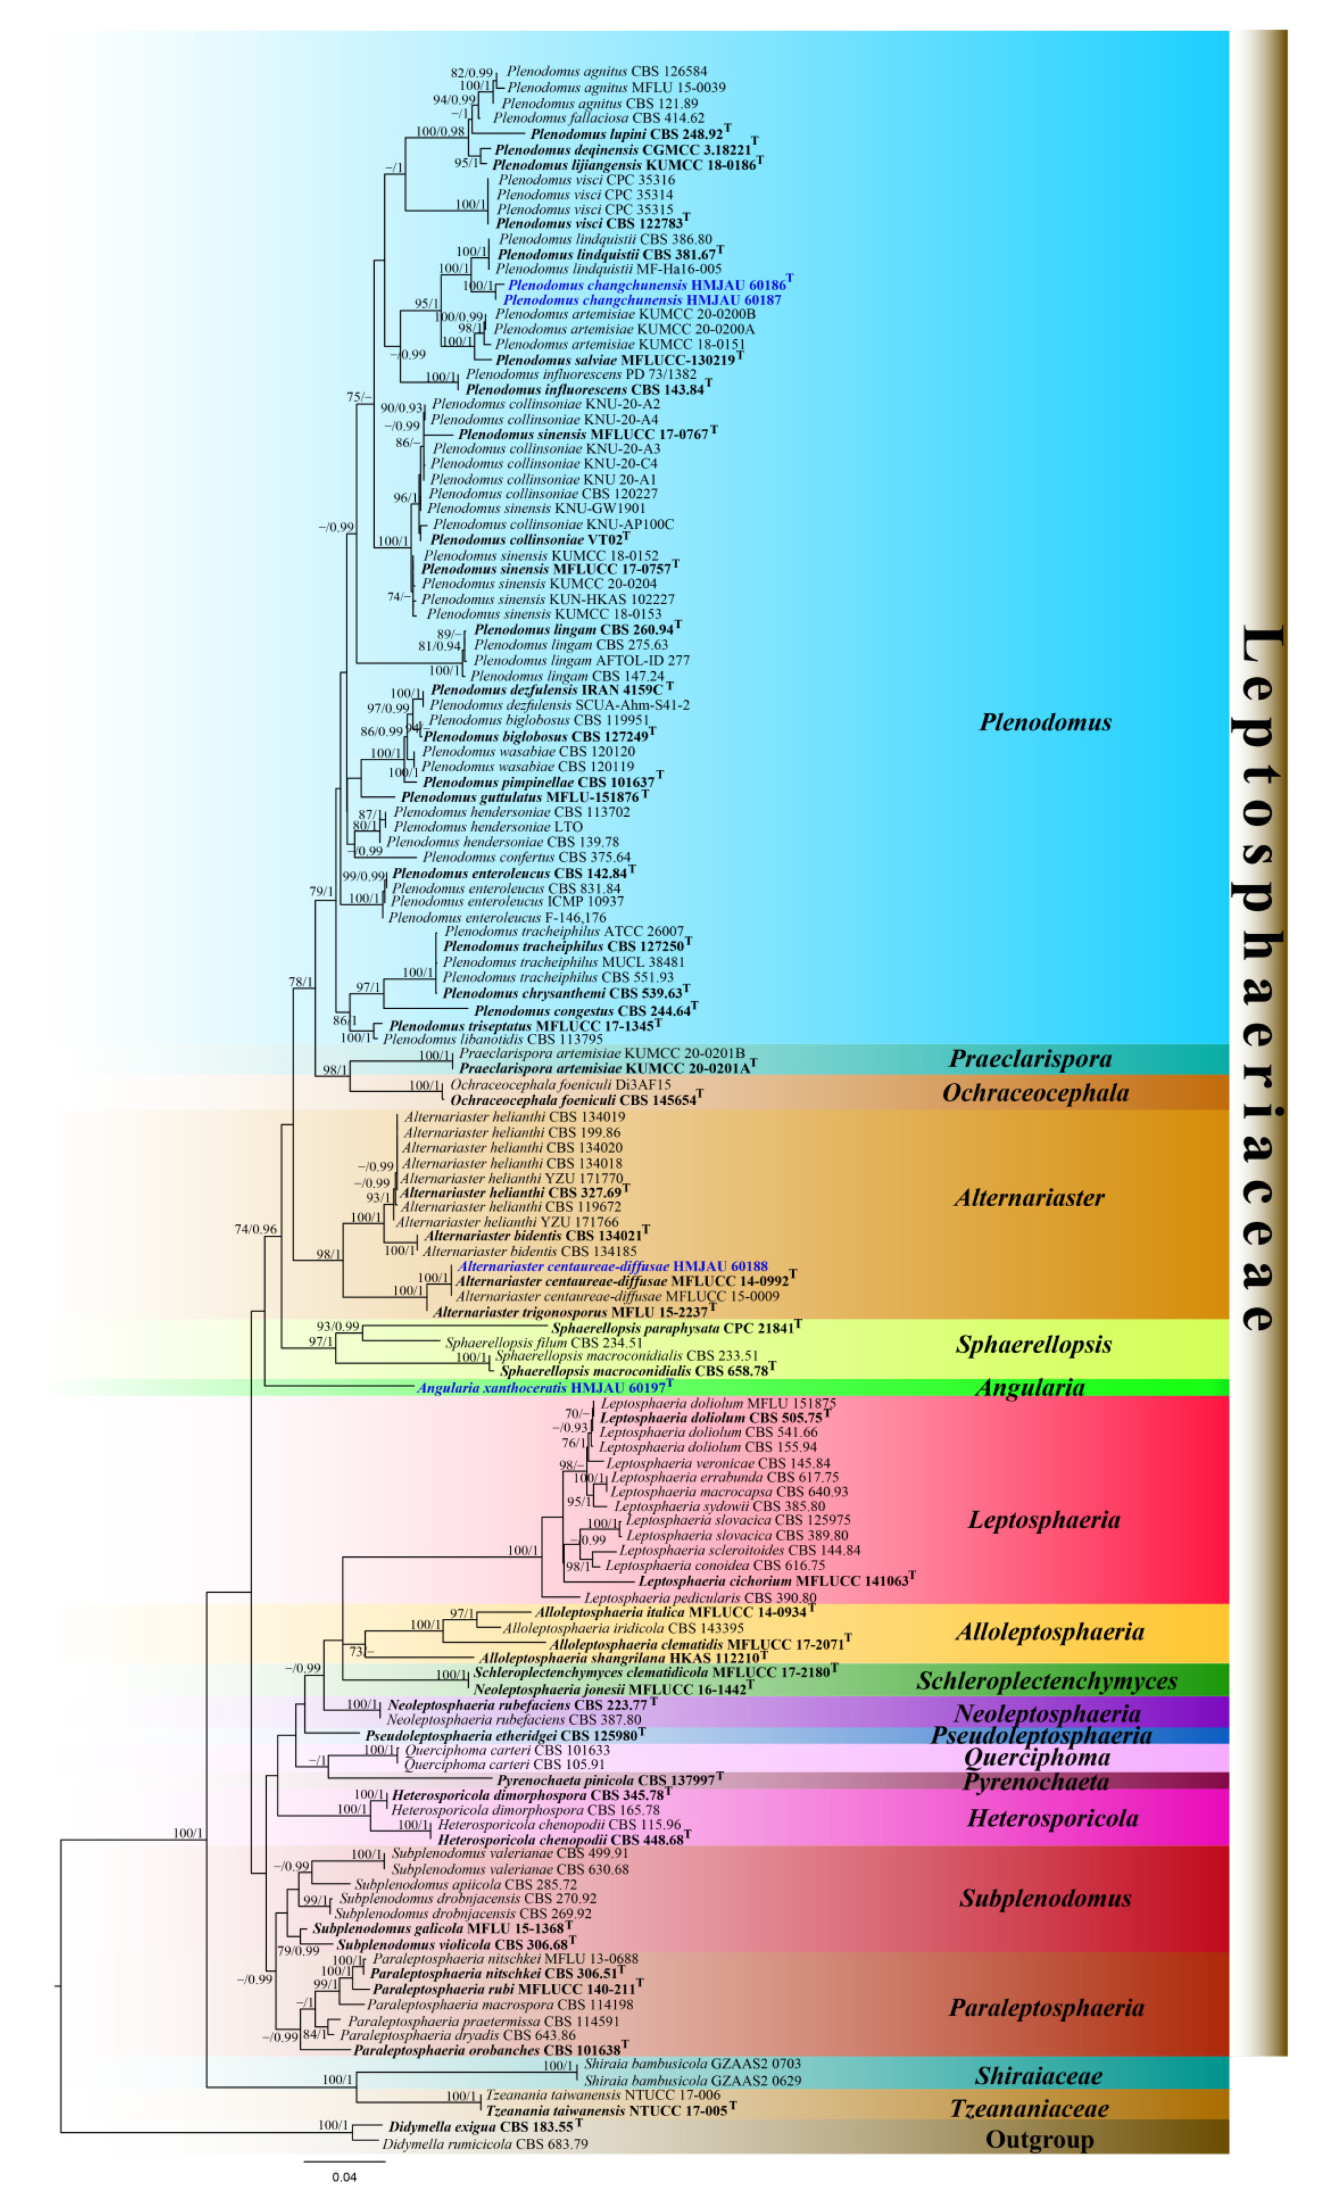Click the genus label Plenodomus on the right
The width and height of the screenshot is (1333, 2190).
[x=1045, y=722]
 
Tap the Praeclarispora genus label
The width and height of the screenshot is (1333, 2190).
[x=1030, y=1058]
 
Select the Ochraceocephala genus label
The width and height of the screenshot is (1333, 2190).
[x=1035, y=1094]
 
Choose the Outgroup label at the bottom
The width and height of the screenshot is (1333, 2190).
[x=1039, y=2139]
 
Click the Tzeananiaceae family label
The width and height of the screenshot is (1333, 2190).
[x=1029, y=2108]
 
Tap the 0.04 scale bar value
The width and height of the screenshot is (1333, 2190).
[x=344, y=2177]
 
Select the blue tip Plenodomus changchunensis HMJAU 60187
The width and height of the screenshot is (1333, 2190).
[x=641, y=300]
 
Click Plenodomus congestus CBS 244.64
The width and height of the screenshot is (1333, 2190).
[x=582, y=1011]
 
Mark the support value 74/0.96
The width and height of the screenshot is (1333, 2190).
[x=255, y=1229]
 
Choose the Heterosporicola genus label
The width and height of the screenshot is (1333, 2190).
[x=1052, y=1818]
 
